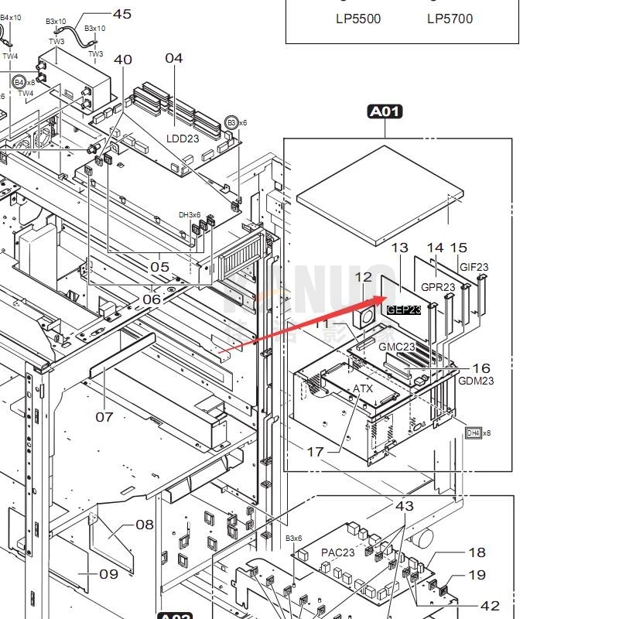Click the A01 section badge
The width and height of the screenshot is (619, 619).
tap(385, 112)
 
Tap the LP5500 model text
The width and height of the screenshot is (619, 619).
tap(358, 19)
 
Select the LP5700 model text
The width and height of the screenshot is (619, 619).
tap(450, 19)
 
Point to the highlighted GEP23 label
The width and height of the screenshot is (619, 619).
tap(404, 309)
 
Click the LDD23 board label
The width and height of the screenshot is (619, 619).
tap(183, 139)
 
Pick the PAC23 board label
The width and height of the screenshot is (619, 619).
tap(338, 552)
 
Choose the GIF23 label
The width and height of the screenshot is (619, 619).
tap(474, 268)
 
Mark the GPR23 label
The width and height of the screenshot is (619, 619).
tap(438, 287)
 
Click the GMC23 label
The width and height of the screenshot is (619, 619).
tap(397, 347)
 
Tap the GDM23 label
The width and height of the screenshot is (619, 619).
tap(476, 381)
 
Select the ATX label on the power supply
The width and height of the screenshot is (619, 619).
tap(363, 388)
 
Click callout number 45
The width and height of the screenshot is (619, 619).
tap(122, 14)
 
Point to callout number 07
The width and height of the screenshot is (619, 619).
tap(104, 417)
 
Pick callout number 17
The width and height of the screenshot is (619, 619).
tap(316, 452)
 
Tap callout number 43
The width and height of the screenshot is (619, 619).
tap(405, 506)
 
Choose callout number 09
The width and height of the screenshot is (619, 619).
tap(108, 574)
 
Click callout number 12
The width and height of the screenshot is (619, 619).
tap(364, 277)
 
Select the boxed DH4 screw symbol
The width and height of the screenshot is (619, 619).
tap(473, 433)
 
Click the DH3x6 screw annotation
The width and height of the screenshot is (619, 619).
tap(190, 215)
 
